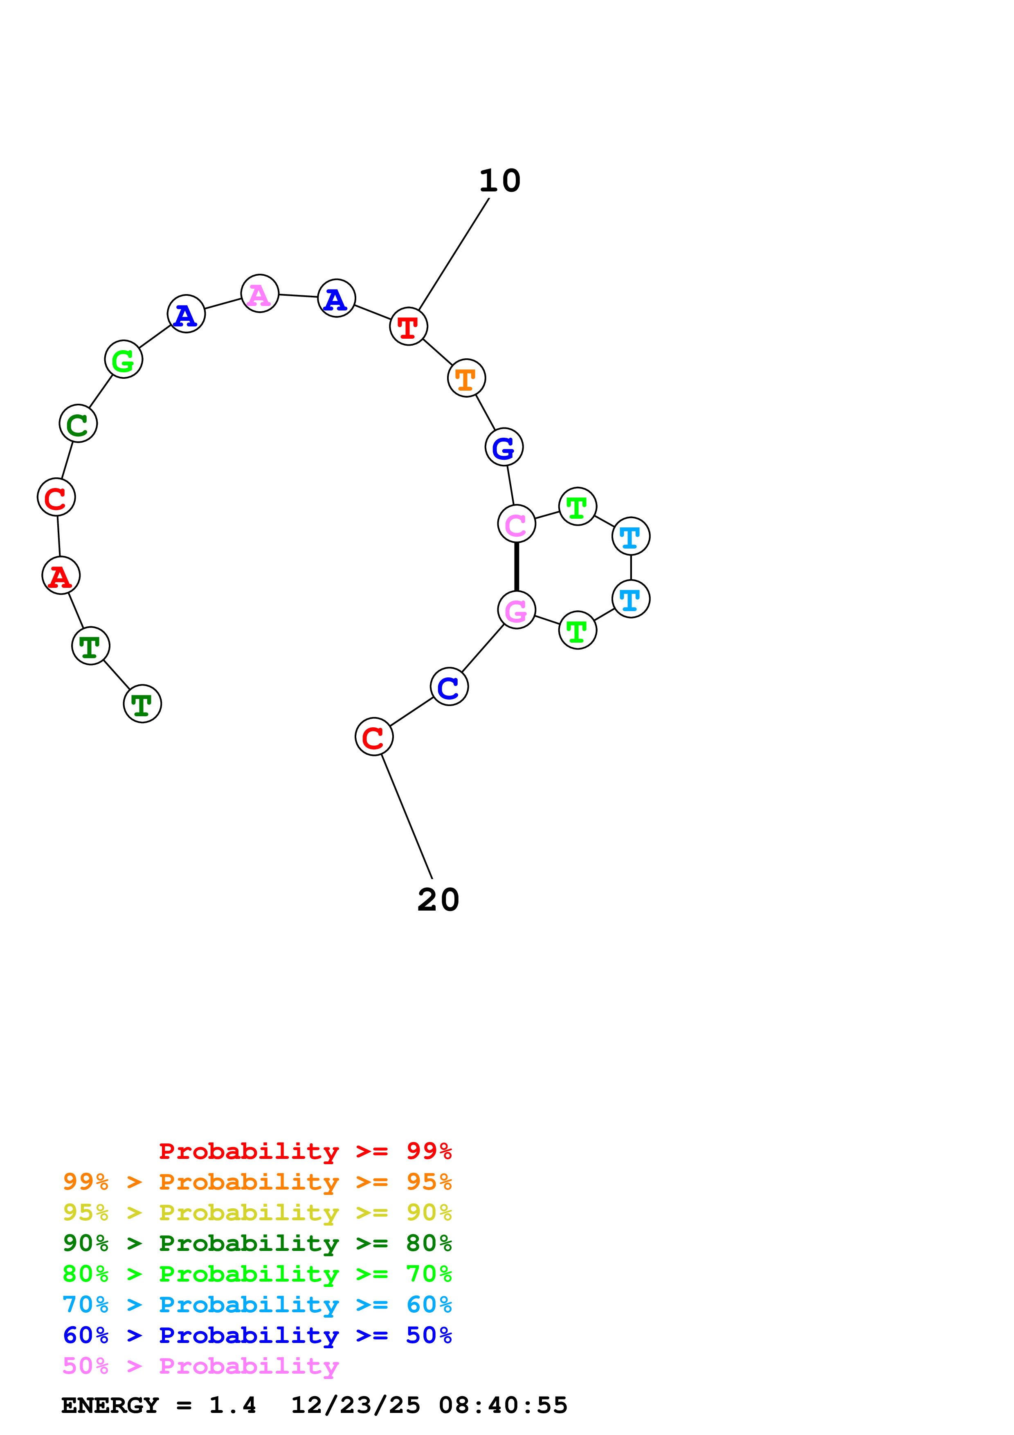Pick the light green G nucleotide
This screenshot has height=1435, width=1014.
[x=123, y=360]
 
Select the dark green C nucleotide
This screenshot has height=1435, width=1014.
[x=78, y=424]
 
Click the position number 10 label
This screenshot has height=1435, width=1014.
[x=500, y=181]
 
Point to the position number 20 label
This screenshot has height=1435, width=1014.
[x=438, y=900]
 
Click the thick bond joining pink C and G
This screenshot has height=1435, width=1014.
[x=517, y=567]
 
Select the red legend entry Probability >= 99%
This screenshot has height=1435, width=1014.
[x=305, y=1151]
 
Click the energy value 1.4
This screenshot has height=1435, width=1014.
[x=232, y=1405]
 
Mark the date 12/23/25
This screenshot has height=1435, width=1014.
[x=355, y=1405]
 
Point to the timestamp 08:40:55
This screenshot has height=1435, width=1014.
[x=503, y=1405]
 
